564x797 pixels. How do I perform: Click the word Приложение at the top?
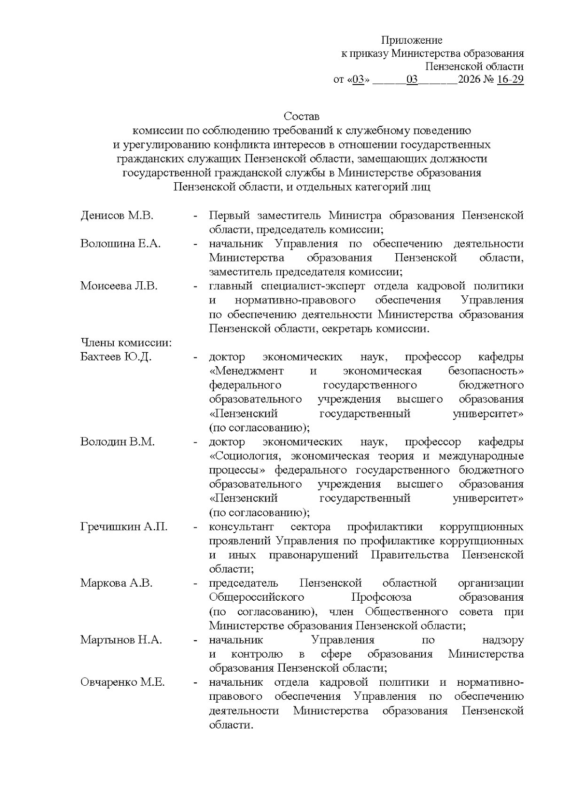[411, 40]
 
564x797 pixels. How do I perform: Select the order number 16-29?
[510, 79]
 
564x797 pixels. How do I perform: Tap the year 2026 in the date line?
[470, 79]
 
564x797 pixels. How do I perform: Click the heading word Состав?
[301, 116]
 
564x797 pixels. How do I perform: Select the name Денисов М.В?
[117, 216]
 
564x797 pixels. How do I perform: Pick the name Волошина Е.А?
[120, 244]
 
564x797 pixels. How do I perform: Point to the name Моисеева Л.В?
[119, 286]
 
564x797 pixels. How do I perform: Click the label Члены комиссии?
[126, 343]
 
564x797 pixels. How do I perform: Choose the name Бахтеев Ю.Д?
[116, 357]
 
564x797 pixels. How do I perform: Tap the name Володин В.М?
[117, 442]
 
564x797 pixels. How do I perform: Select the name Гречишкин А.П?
[124, 527]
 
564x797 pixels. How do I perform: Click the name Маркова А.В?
[117, 584]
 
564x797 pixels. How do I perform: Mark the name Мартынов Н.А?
[121, 640]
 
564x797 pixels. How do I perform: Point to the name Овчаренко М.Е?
[123, 682]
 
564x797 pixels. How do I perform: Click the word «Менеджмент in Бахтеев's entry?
[246, 371]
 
